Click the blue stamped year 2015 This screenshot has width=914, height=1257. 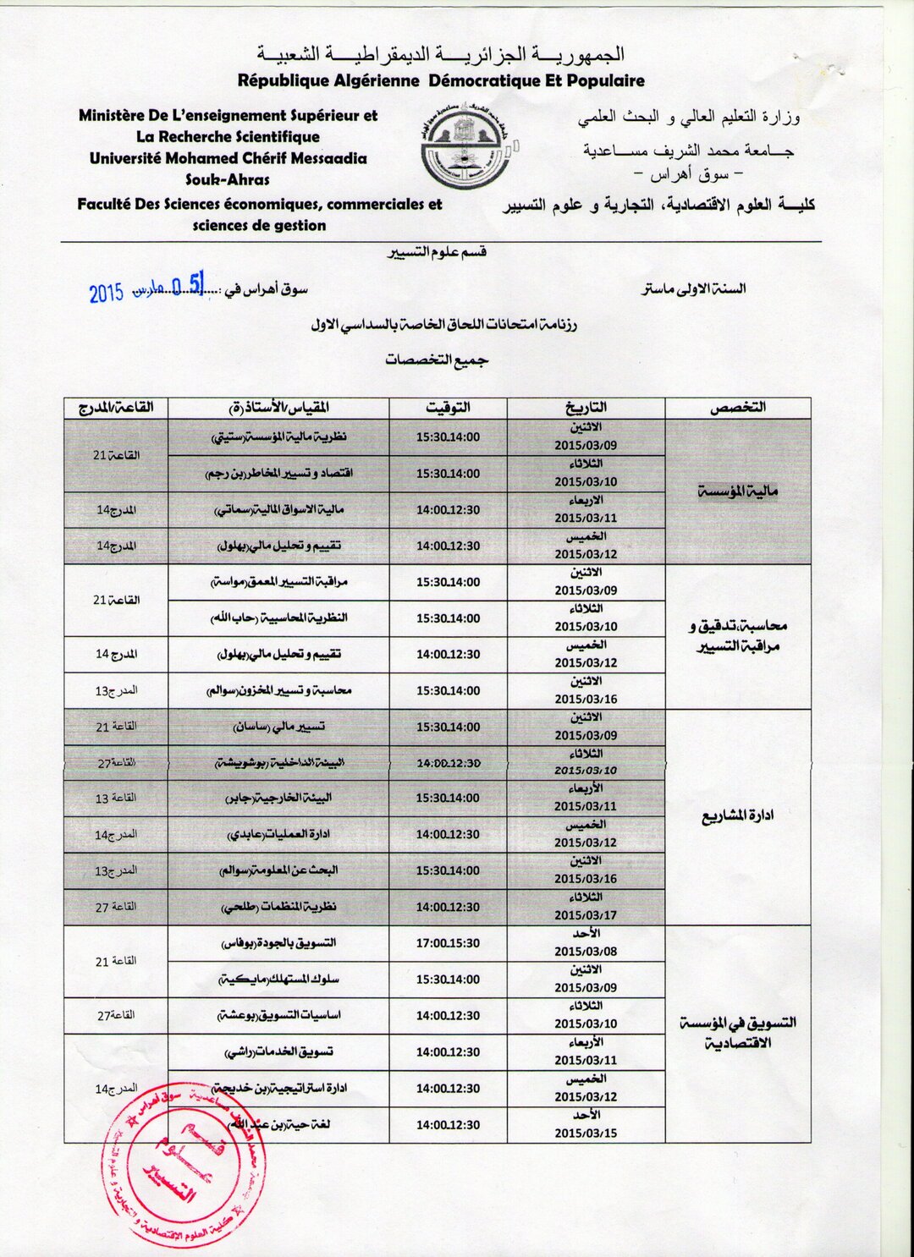107,293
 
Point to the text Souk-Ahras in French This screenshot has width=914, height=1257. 228,179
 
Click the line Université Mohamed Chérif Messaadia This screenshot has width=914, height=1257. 228,158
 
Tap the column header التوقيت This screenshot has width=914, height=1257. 448,408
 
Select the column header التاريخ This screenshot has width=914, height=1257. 586,408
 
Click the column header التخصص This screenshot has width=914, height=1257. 737,408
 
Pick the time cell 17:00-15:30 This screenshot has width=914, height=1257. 448,943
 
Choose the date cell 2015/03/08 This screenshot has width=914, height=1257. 586,951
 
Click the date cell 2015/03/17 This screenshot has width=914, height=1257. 586,915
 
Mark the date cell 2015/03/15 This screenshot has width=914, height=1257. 586,1133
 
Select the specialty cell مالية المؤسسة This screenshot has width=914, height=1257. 737,491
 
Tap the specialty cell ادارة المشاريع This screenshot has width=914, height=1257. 737,816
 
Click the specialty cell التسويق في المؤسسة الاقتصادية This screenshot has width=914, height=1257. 737,1033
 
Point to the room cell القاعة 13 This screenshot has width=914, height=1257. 115,799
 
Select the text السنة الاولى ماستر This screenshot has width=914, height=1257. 693,288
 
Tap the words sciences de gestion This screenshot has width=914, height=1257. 259,226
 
